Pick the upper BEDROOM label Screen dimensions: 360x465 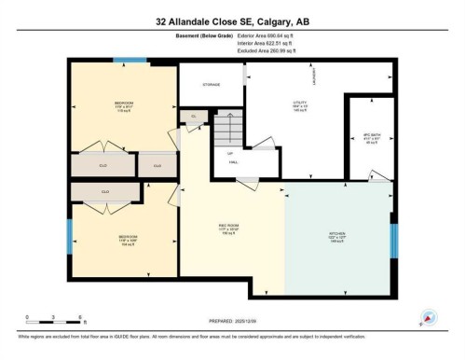[x=123, y=103]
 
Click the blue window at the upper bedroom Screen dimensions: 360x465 [x=130, y=61]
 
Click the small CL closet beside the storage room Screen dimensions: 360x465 [x=194, y=116]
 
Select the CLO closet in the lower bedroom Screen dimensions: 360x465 [x=105, y=192]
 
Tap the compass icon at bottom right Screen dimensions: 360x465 [x=429, y=318]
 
